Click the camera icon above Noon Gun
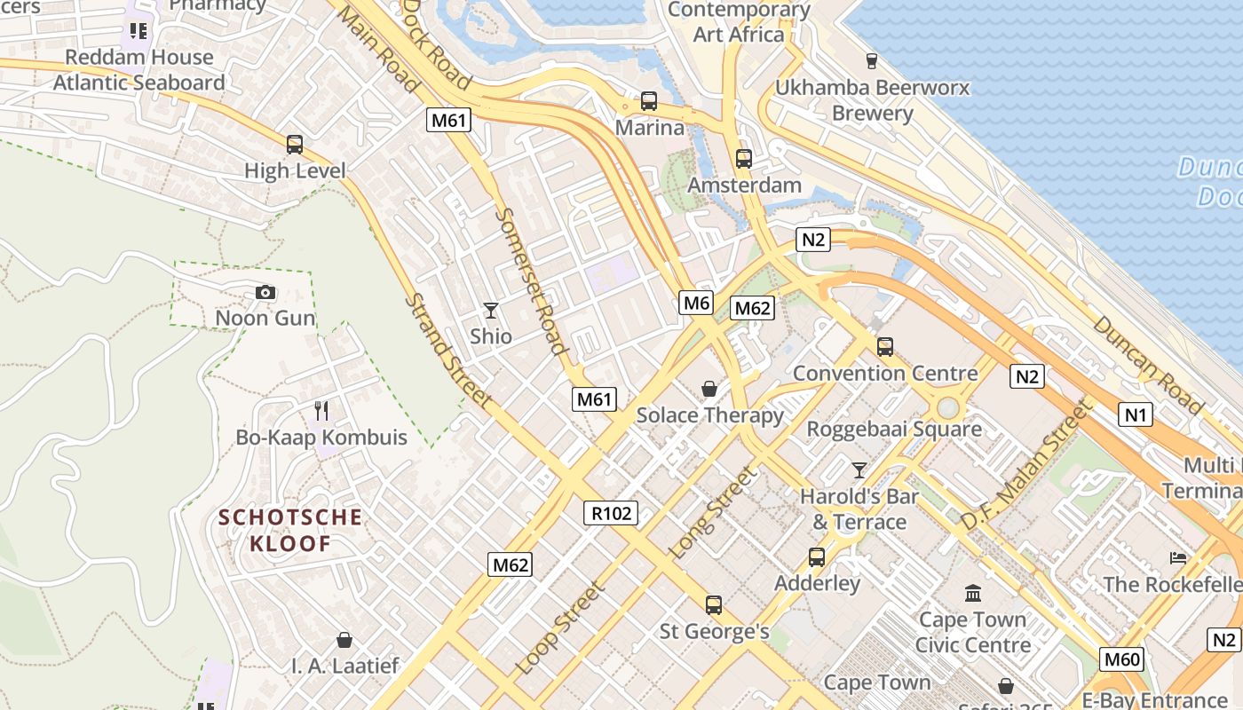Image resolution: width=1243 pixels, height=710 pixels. click(x=265, y=292)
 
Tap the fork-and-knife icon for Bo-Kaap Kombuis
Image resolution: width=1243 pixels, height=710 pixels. click(x=321, y=411)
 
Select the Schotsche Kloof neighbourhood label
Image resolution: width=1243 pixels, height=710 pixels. click(x=290, y=530)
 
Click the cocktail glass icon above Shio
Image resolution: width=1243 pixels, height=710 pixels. click(x=490, y=311)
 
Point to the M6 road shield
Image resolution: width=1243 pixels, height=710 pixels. click(x=697, y=303)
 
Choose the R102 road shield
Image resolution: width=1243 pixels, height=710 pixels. click(x=611, y=512)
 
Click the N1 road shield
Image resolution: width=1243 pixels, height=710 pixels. click(x=1135, y=414)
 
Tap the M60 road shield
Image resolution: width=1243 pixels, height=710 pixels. click(x=1122, y=659)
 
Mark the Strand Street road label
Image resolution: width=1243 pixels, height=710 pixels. click(x=447, y=351)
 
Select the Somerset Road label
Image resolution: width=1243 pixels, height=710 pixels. click(x=530, y=280)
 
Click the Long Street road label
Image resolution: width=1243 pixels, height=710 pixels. click(x=714, y=513)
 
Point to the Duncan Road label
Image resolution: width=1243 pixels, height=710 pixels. click(x=1148, y=365)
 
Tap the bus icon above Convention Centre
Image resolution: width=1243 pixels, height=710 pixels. click(x=884, y=347)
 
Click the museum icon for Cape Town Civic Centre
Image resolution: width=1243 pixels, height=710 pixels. click(x=973, y=592)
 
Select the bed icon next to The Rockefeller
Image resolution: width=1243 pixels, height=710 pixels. click(x=1177, y=558)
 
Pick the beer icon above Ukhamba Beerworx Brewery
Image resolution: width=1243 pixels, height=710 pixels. click(x=871, y=61)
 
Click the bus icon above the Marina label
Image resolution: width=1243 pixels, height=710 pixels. click(x=649, y=101)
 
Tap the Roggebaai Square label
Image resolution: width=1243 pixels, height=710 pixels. click(x=893, y=430)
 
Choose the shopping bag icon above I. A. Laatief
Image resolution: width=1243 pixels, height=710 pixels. click(x=344, y=640)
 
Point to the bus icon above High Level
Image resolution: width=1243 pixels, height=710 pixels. click(x=294, y=144)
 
